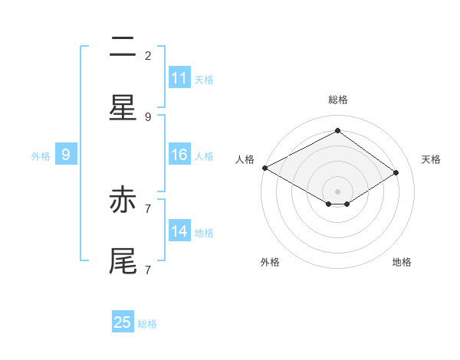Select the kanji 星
coord(123,109)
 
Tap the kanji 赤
coord(123,201)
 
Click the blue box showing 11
coord(179,78)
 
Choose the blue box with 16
coord(179,155)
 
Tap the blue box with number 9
coord(66,155)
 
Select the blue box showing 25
coord(123,322)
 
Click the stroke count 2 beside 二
coord(148,55)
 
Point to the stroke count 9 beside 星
coord(148,117)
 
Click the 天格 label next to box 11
coord(204,79)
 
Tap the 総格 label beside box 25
coord(147,323)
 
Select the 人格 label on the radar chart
coord(245,159)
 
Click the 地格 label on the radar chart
coord(402,263)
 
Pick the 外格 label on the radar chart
coord(270,263)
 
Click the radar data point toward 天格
coord(396,173)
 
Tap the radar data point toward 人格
coord(264,168)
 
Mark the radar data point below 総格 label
coord(337,130)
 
